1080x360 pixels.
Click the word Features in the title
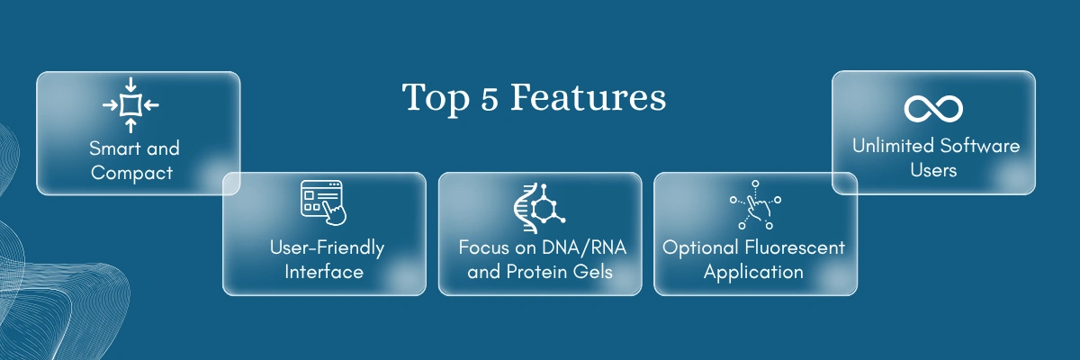[x=589, y=97]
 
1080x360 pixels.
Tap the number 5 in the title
[x=489, y=98]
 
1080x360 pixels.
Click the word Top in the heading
[x=436, y=99]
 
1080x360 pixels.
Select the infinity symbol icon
[x=933, y=108]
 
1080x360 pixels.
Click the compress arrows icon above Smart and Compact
[x=130, y=105]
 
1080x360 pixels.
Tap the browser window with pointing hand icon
[x=323, y=202]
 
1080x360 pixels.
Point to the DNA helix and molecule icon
[x=539, y=208]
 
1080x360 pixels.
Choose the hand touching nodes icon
[x=755, y=205]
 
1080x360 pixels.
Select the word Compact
[x=131, y=173]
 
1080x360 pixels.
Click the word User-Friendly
[x=327, y=248]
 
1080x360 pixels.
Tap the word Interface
[x=324, y=272]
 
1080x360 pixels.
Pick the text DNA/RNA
[x=584, y=247]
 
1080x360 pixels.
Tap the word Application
[x=753, y=273]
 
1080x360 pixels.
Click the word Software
[x=980, y=146]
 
